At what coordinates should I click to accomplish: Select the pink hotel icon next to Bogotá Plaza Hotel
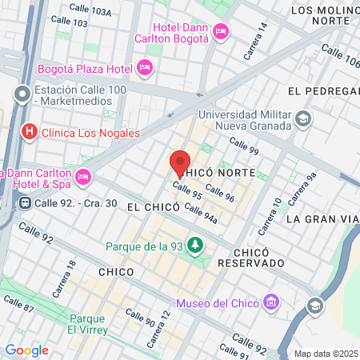click(145, 67)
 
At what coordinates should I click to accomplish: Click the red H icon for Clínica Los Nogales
click(30, 132)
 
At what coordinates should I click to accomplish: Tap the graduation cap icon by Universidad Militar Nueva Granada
click(303, 119)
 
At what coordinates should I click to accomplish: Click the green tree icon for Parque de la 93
click(193, 245)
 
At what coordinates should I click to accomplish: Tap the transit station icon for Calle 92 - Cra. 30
click(26, 203)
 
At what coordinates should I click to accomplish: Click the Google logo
click(26, 350)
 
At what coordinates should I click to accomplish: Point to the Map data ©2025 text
click(326, 354)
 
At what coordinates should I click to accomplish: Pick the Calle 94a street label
click(201, 213)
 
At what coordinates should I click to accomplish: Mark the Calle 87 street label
click(18, 305)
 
